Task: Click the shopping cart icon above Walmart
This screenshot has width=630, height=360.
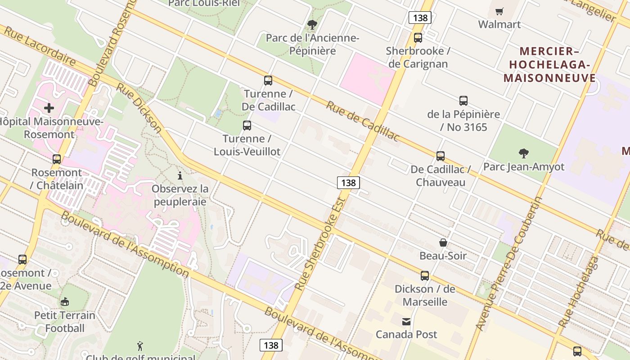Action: pos(499,12)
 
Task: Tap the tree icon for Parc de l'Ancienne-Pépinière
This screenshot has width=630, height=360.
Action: pos(312,25)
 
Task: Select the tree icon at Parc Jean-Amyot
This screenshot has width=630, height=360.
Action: pos(523,153)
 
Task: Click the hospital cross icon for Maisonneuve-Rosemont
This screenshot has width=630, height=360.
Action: pos(49,108)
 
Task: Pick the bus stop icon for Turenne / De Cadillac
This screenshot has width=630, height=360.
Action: pos(268,81)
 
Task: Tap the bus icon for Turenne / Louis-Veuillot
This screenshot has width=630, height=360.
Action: pos(247,126)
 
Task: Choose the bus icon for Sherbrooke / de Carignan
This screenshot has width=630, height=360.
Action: pos(418,38)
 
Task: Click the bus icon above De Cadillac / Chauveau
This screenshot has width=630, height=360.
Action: pos(441,156)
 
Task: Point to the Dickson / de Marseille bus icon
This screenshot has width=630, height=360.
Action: pos(425,276)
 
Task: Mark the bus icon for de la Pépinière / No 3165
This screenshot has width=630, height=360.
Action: pos(463,101)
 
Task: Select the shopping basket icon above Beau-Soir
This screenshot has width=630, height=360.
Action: pos(443,243)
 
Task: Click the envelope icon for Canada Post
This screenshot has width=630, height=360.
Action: pos(406,321)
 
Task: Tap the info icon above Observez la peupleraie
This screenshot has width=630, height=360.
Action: pos(180,175)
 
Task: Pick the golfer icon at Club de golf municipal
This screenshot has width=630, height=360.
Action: pos(140,346)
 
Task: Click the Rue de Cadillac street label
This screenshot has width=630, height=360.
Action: pos(363,121)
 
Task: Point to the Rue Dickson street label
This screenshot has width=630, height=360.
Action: pos(139,108)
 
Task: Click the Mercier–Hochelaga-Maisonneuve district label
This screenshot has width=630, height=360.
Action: pos(549,65)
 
